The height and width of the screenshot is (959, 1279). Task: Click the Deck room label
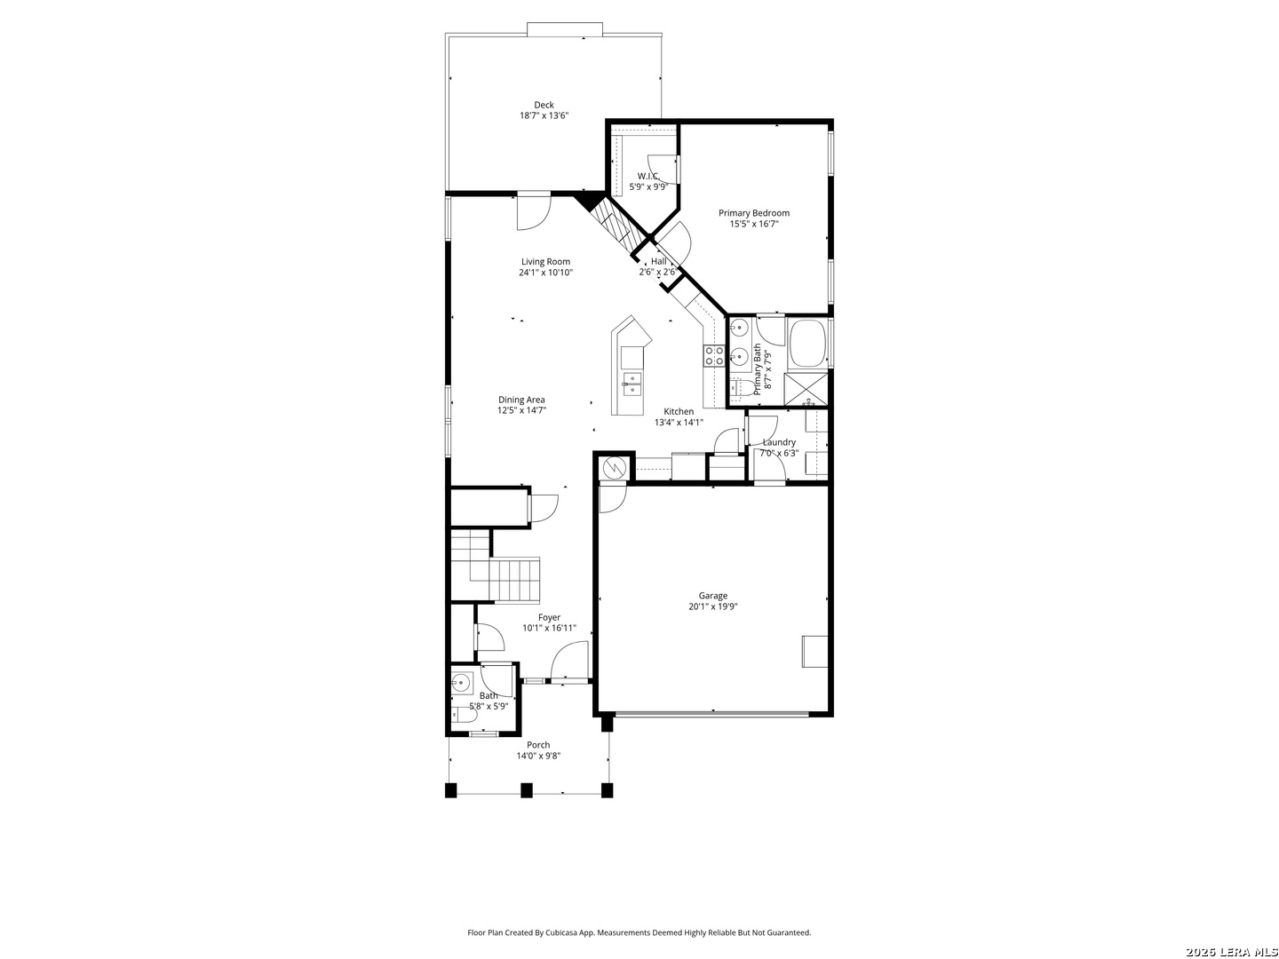544,105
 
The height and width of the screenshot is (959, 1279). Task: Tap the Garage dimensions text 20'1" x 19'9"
712,606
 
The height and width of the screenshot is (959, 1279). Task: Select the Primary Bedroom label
753,213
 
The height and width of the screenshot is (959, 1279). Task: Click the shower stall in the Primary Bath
806,389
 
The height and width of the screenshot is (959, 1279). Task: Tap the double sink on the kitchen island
632,384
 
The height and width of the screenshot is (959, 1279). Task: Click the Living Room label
545,261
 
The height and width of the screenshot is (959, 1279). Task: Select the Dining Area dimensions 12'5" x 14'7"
521,410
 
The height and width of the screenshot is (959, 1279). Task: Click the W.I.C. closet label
648,176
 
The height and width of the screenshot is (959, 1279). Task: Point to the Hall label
658,261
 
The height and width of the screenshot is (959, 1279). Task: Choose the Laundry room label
779,442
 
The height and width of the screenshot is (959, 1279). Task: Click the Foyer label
549,617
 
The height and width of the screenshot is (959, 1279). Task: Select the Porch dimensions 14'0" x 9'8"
538,756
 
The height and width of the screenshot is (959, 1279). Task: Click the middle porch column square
526,790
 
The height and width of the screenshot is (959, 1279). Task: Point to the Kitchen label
679,411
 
